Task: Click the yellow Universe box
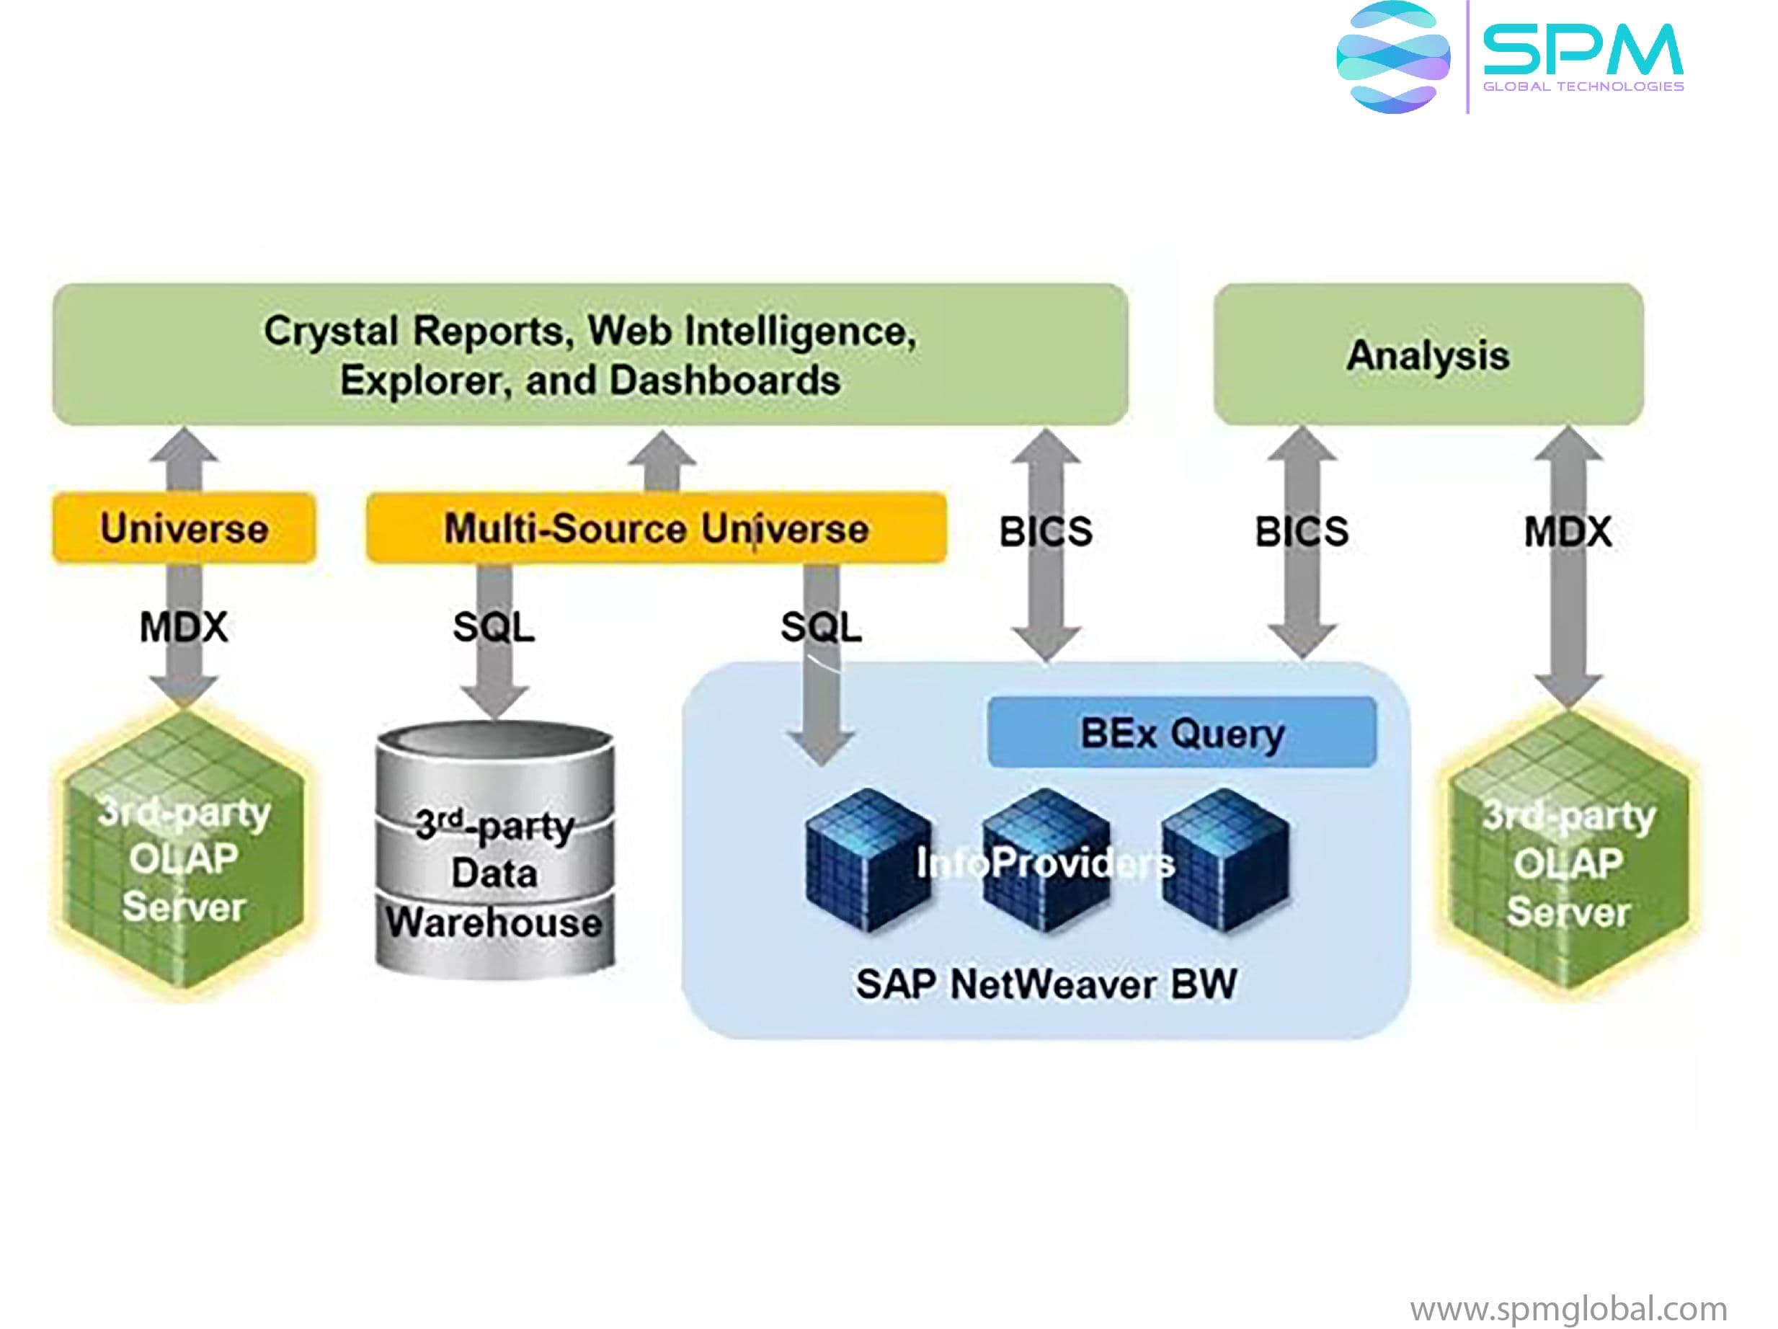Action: tap(183, 528)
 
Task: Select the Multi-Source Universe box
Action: tap(656, 528)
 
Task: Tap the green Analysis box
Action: tap(1428, 355)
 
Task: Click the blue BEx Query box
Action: tap(1181, 732)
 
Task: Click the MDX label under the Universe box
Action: tap(183, 626)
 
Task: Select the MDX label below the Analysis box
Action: tap(1568, 531)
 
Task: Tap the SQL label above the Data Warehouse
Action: tap(493, 626)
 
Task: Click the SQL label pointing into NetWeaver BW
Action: tap(821, 626)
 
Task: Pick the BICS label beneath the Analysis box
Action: tap(1302, 531)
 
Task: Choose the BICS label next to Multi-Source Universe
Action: tap(1045, 531)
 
